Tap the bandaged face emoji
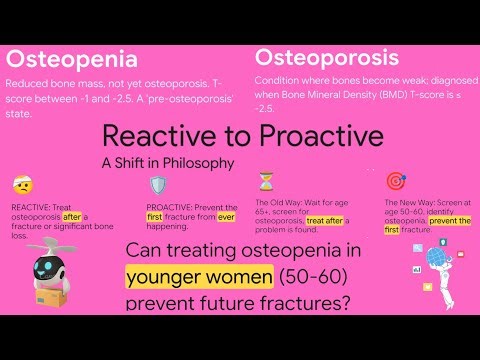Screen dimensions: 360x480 click(x=22, y=185)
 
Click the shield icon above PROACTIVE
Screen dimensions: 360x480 click(x=158, y=185)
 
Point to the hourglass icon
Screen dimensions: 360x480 click(x=265, y=181)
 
